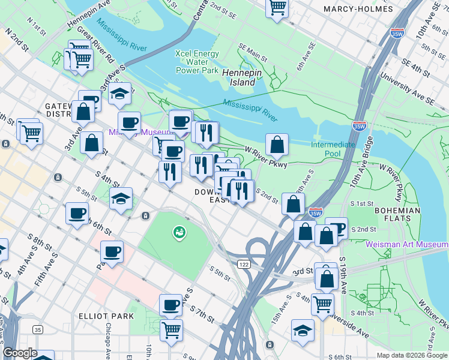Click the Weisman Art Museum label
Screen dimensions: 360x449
pos(406,244)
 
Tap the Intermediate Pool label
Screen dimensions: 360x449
pos(333,149)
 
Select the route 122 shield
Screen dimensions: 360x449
pos(243,264)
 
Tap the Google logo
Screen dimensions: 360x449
pos(20,353)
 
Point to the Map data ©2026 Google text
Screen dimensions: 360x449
pos(411,355)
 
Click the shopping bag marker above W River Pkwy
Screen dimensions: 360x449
pos(277,144)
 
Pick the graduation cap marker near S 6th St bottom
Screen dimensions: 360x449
pos(303,330)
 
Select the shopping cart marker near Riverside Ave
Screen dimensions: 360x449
pos(322,304)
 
